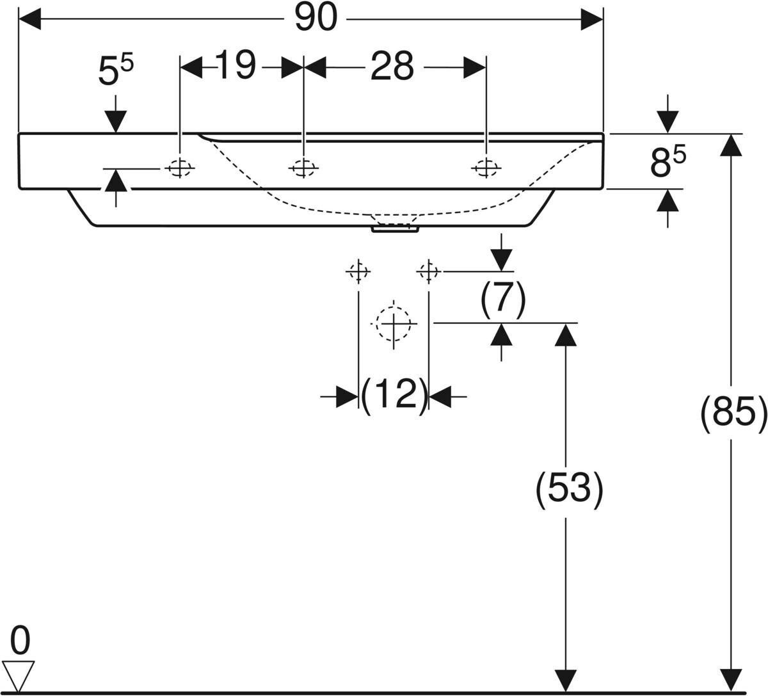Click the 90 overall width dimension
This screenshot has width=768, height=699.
pos(316,18)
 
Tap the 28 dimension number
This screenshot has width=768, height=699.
pos(392,67)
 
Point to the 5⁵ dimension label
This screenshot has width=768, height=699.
pos(116,70)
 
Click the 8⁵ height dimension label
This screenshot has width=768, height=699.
pos(668,163)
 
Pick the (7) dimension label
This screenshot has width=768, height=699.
pos(502,300)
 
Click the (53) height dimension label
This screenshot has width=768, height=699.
pos(569,489)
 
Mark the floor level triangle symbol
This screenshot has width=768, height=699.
pos(19,677)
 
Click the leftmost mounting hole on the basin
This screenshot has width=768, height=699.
pos(180,168)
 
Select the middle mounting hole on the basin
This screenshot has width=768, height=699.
pos(303,168)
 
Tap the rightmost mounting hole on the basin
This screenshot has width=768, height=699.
pos(486,168)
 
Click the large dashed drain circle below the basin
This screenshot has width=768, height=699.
pos(394,324)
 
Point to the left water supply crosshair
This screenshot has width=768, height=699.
pos(358,272)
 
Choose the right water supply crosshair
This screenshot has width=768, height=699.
pos(429,272)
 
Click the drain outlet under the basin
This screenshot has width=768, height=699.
pos(395,229)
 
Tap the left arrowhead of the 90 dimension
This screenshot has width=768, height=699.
pos(30,19)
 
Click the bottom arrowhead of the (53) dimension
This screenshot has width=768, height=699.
pos(566,680)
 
